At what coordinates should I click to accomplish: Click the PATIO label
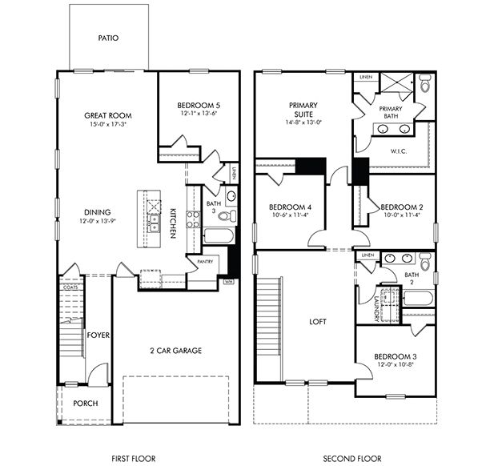(108, 38)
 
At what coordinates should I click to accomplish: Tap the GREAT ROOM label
(108, 115)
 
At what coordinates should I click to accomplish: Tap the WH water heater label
(229, 281)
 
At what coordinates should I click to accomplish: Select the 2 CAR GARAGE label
(175, 350)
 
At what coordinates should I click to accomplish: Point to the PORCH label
(85, 403)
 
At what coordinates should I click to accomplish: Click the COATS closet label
(70, 286)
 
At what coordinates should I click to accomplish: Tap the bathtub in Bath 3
(218, 236)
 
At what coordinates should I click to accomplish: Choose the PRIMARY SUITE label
(303, 109)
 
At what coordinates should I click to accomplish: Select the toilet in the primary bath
(424, 82)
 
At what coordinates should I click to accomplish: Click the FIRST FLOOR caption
(133, 458)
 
